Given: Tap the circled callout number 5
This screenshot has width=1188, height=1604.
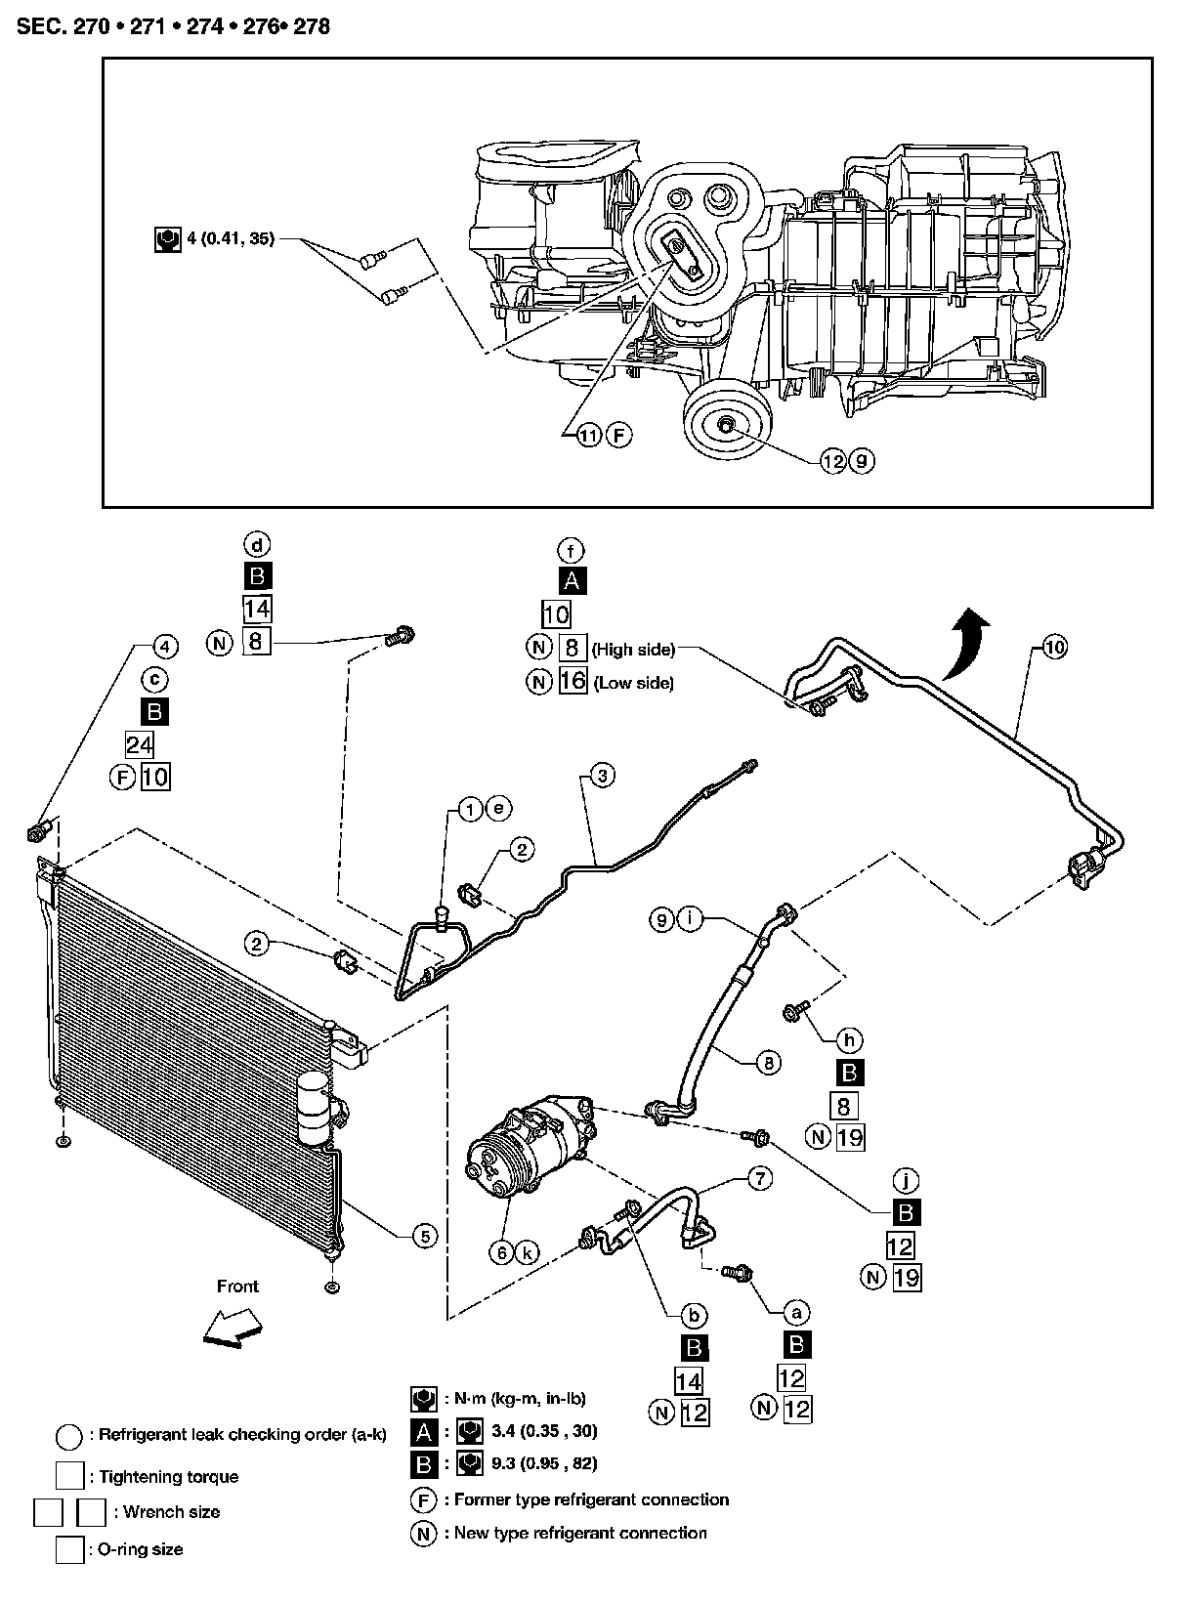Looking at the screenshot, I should tap(424, 1236).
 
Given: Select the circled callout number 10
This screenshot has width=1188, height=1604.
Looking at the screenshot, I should tap(1054, 647).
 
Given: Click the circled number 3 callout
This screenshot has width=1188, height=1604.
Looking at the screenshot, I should tap(602, 776).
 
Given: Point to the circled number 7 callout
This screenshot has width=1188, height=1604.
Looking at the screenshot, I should tap(760, 1181).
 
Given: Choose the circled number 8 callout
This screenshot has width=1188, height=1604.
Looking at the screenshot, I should tap(769, 1064).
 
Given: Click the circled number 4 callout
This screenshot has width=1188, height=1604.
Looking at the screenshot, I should tap(164, 647).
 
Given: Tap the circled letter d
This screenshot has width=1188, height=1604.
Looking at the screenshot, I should tap(257, 544).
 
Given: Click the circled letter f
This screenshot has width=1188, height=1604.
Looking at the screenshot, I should tap(571, 550).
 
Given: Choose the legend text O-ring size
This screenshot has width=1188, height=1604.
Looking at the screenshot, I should tap(141, 1549).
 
